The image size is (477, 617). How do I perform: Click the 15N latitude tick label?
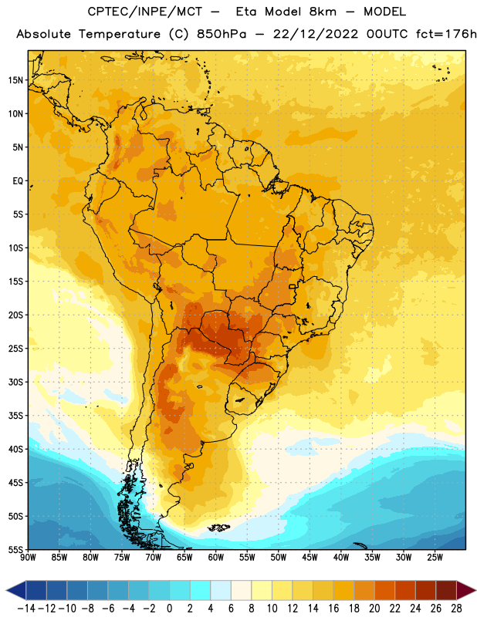(15, 80)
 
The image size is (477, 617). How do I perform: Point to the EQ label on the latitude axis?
(18, 181)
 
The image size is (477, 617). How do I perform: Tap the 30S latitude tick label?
(15, 382)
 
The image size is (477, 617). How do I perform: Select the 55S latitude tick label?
(15, 549)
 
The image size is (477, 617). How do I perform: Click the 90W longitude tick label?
(28, 557)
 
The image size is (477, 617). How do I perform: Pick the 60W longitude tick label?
(216, 557)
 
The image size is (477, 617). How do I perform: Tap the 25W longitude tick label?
(435, 557)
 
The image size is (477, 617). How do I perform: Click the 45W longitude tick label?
(310, 557)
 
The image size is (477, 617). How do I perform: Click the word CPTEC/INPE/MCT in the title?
(145, 12)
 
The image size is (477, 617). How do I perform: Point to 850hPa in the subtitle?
(222, 34)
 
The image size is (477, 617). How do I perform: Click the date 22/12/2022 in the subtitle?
(316, 34)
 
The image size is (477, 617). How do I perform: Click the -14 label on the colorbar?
(26, 609)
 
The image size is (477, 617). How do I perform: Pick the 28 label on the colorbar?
(456, 609)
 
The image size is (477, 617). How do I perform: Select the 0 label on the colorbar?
(169, 609)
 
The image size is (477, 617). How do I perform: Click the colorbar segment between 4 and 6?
(221, 590)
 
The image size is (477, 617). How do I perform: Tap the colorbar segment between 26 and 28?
(446, 590)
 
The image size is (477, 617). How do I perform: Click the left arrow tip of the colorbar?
(6, 590)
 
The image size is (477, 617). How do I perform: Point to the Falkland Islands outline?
(218, 528)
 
